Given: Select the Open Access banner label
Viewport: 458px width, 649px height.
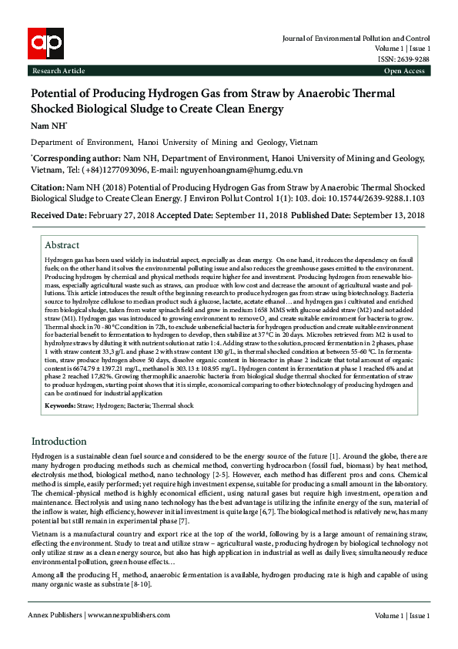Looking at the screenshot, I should [403, 71].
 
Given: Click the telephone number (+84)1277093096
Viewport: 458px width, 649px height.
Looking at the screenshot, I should [119, 169].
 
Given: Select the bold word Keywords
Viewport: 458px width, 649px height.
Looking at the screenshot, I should [59, 405].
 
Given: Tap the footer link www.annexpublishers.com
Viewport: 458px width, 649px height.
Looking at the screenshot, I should [129, 615].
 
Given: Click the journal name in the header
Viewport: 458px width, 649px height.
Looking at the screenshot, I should [356, 37].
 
